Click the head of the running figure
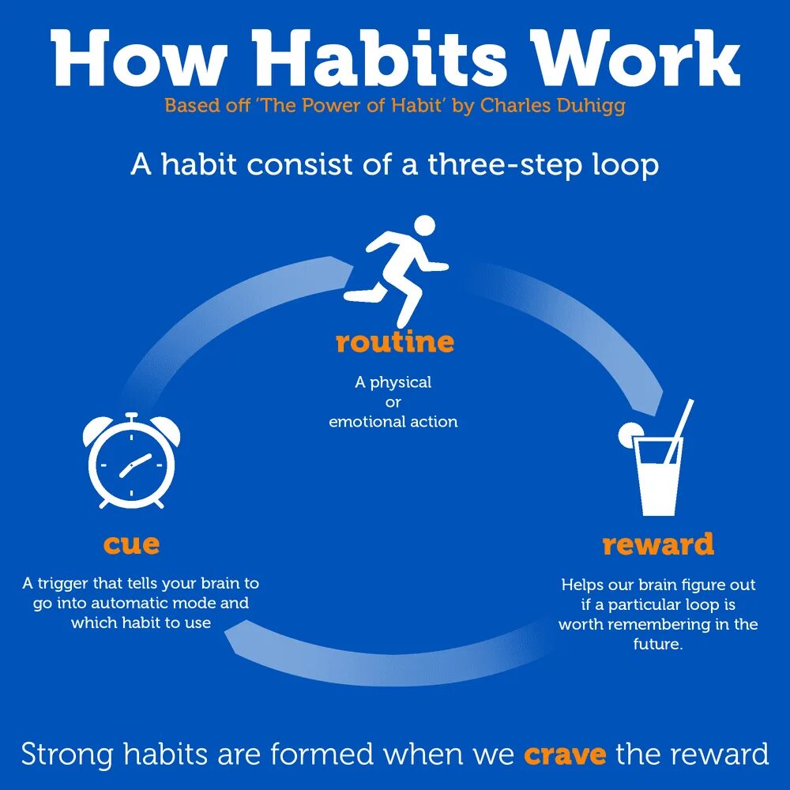pyautogui.click(x=424, y=225)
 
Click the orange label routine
pyautogui.click(x=394, y=342)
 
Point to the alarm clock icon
pyautogui.click(x=131, y=462)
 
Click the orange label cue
pyautogui.click(x=131, y=544)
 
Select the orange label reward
pyautogui.click(x=657, y=544)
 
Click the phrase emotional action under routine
pyautogui.click(x=393, y=422)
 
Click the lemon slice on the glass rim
pyautogui.click(x=630, y=433)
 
